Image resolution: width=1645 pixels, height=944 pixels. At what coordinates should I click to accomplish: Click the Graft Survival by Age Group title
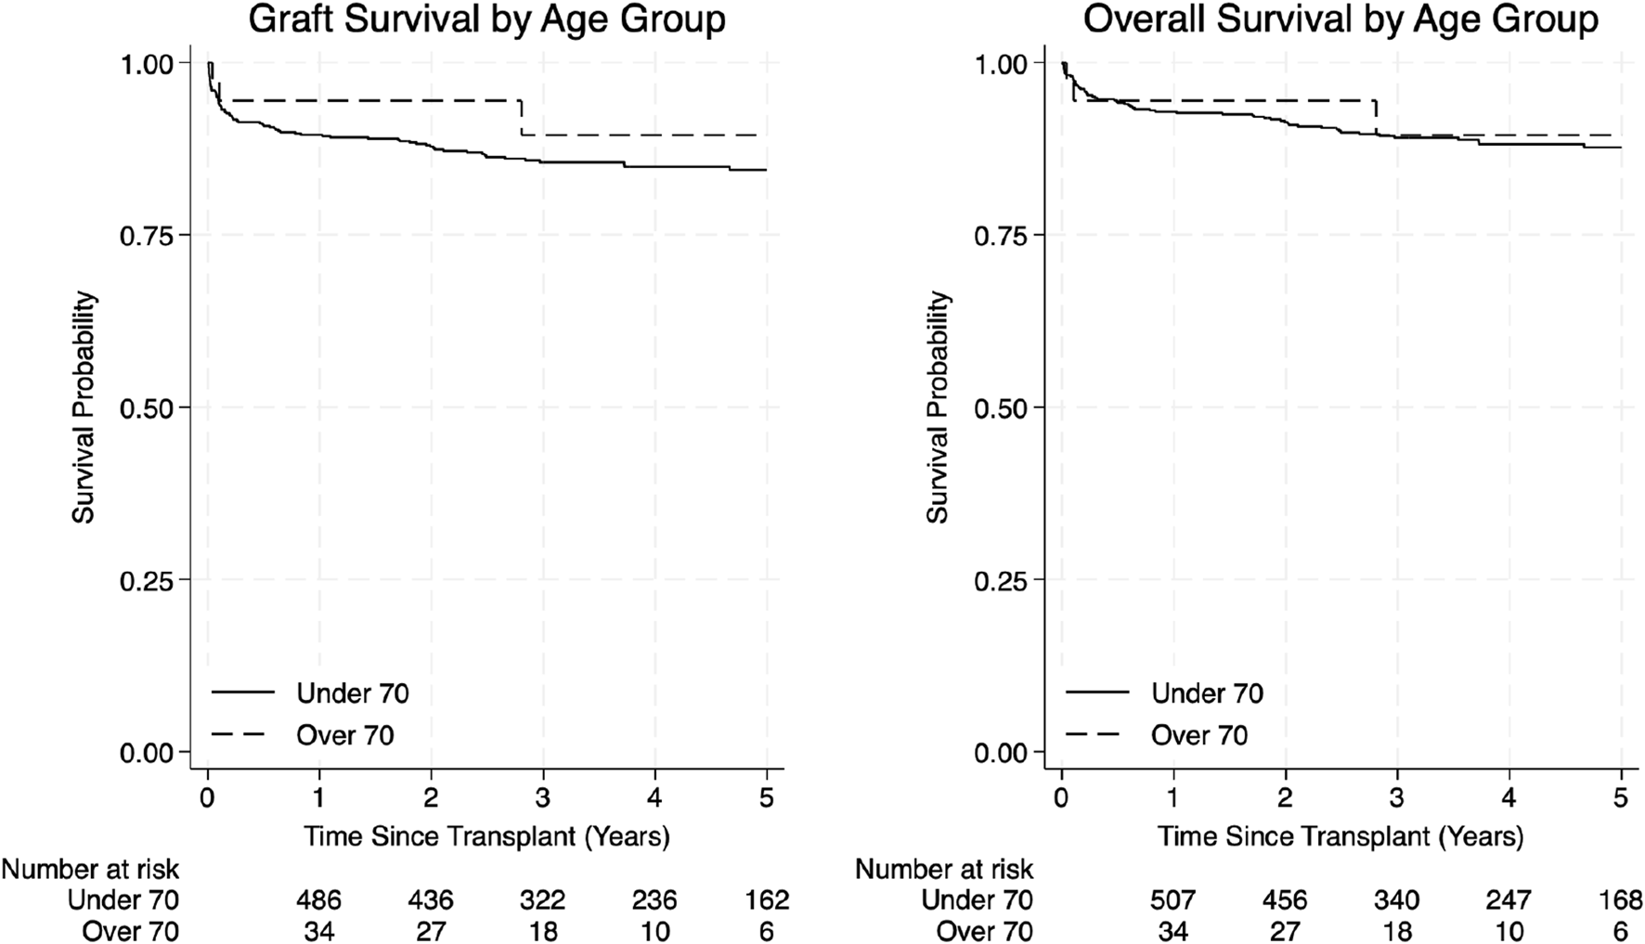click(x=486, y=20)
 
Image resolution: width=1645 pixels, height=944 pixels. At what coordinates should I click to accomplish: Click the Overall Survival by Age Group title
click(x=1341, y=20)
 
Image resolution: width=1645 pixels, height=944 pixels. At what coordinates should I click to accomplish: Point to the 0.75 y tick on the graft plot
click(x=146, y=236)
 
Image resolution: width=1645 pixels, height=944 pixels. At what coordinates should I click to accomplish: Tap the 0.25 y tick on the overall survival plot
click(x=1001, y=580)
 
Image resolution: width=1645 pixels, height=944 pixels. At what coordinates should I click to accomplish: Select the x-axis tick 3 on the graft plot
click(x=543, y=798)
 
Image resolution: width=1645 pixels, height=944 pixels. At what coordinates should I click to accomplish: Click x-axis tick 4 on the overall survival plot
click(x=1509, y=798)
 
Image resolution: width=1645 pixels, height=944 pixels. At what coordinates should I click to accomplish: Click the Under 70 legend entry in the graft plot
click(x=352, y=693)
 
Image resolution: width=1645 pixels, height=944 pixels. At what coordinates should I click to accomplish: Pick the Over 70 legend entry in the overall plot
click(x=1199, y=735)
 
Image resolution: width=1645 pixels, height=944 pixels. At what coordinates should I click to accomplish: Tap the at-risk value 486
click(x=318, y=899)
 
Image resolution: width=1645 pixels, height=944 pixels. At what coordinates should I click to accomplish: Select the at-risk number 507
click(x=1173, y=899)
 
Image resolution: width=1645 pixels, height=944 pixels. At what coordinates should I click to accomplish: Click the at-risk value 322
click(x=542, y=899)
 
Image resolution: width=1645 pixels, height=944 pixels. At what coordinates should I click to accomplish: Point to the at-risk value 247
click(x=1509, y=899)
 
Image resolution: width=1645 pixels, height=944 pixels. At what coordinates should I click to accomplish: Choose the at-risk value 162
click(x=766, y=899)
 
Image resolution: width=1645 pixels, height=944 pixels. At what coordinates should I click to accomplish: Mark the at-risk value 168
click(x=1621, y=899)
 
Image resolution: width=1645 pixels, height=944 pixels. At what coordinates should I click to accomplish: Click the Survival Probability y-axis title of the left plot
click(x=84, y=407)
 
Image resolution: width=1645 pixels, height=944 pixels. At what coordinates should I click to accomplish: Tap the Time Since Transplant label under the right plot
click(x=1341, y=836)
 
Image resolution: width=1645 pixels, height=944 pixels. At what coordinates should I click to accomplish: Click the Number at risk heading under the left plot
click(x=90, y=869)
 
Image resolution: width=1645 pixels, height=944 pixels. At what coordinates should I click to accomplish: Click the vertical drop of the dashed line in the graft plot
click(x=522, y=118)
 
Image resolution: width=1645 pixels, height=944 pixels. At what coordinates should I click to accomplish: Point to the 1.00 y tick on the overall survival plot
click(x=1001, y=64)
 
